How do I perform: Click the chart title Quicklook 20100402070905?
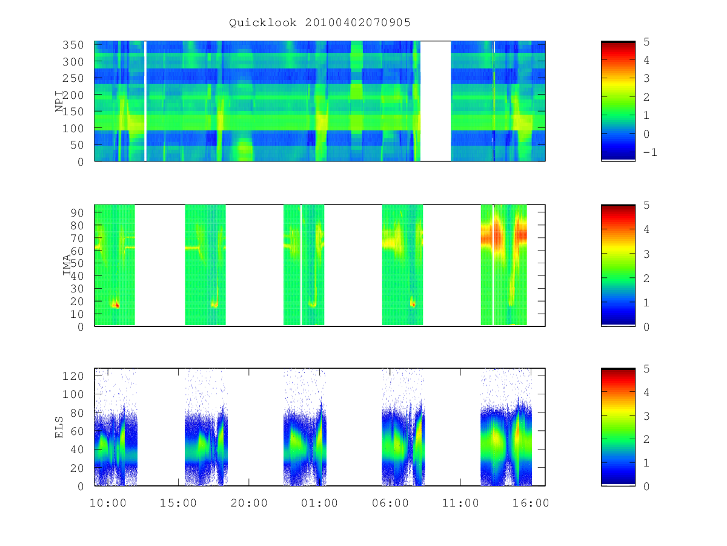tap(320, 23)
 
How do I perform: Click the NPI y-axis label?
tap(59, 101)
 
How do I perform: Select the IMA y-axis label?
tap(67, 265)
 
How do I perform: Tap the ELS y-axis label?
tap(59, 428)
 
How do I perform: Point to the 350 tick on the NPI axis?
tap(73, 45)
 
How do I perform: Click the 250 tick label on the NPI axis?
tap(73, 78)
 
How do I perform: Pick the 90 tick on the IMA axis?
tap(77, 213)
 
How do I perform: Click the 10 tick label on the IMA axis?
tap(77, 314)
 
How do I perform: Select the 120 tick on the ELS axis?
tap(73, 376)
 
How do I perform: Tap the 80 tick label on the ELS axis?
tap(77, 413)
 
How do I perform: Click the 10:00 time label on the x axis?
tap(108, 503)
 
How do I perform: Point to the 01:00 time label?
tap(319, 503)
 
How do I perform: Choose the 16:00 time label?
tap(531, 503)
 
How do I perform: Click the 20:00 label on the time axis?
tap(249, 503)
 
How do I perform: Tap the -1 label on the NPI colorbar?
tap(650, 152)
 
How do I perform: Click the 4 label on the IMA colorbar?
tap(646, 229)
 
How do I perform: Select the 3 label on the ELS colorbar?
tap(646, 416)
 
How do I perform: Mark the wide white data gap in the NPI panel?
tap(436, 101)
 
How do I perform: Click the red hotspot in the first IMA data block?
tap(116, 305)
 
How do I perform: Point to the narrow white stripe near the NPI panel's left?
tap(145, 101)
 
